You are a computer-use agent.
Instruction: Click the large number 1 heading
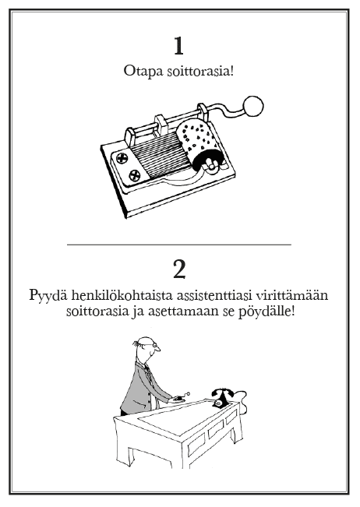point(179,46)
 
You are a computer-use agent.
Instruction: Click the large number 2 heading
point(179,270)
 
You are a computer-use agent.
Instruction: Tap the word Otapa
point(143,71)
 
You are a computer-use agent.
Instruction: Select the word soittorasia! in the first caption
point(200,71)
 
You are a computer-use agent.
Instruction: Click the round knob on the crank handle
point(253,106)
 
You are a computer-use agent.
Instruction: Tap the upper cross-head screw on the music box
point(122,158)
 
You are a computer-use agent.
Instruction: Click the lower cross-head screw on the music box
point(135,176)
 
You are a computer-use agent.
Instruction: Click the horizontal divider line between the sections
point(179,245)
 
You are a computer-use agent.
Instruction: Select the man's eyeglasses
point(152,346)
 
